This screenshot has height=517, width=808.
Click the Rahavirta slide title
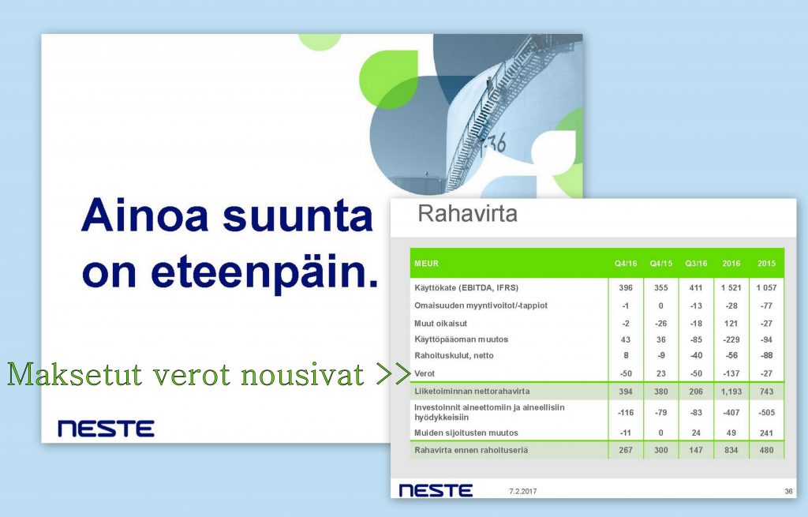point(467,213)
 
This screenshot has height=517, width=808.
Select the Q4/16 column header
point(626,264)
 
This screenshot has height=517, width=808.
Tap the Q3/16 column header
point(696,264)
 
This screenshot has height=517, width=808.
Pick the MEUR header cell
point(427,264)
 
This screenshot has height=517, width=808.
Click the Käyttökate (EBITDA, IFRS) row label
point(466,287)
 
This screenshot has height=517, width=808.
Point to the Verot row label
point(425,373)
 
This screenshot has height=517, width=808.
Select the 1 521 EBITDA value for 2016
point(731,287)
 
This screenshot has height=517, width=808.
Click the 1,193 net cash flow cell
point(731,391)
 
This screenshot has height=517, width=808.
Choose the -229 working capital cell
point(731,339)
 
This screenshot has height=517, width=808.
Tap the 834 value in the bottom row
point(731,450)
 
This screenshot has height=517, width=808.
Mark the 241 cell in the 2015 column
point(766,433)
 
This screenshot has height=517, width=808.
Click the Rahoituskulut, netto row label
point(454,356)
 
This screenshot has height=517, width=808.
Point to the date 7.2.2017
point(523,491)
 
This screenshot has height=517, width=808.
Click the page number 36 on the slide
point(788,491)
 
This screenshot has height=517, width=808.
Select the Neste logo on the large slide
point(107,429)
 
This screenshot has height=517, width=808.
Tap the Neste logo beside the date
point(436,490)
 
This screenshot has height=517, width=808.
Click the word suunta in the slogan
point(297,215)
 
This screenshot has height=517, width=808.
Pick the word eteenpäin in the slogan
point(265,272)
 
